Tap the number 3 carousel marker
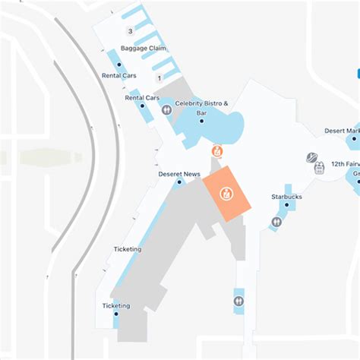click(131, 31)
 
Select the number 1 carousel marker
click(159, 78)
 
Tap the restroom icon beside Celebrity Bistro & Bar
click(167, 110)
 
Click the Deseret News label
click(179, 174)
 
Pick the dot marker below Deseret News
click(180, 182)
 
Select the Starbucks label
click(286, 197)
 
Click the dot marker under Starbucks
click(287, 204)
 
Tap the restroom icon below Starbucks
click(276, 223)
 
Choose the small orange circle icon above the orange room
click(217, 150)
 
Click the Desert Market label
click(341, 131)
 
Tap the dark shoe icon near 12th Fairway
click(311, 157)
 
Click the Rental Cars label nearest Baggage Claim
click(118, 75)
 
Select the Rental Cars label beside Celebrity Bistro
click(142, 97)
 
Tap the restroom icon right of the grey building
click(239, 301)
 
